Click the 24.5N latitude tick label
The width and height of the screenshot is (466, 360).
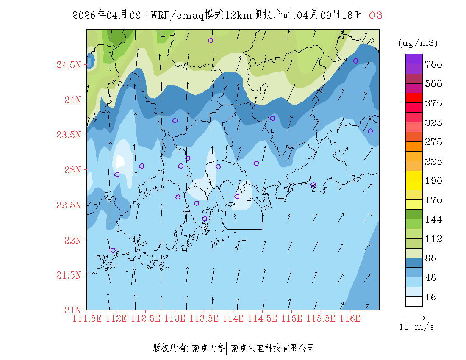pyautogui.click(x=69, y=65)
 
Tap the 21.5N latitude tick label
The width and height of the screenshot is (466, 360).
pyautogui.click(x=69, y=276)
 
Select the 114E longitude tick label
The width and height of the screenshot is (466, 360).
pyautogui.click(x=233, y=318)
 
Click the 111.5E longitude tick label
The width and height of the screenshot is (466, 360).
pyautogui.click(x=87, y=318)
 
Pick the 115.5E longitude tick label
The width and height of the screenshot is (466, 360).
pyautogui.click(x=321, y=318)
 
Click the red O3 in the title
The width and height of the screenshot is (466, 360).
pyautogui.click(x=376, y=15)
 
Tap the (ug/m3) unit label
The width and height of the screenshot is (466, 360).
pyautogui.click(x=418, y=43)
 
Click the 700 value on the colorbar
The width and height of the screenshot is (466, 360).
pyautogui.click(x=434, y=64)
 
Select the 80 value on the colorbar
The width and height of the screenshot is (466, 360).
pyautogui.click(x=431, y=258)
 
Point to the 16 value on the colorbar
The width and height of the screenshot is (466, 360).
pyautogui.click(x=431, y=297)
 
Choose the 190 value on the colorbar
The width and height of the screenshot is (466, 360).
pyautogui.click(x=434, y=181)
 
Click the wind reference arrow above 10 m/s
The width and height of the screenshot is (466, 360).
pyautogui.click(x=415, y=317)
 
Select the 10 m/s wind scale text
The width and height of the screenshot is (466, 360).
pyautogui.click(x=417, y=327)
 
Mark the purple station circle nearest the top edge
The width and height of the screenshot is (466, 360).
pyautogui.click(x=211, y=41)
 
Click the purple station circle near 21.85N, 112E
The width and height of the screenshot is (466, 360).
pyautogui.click(x=113, y=250)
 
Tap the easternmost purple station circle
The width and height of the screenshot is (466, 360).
pyautogui.click(x=370, y=131)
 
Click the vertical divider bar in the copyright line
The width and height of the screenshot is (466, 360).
pyautogui.click(x=227, y=348)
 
